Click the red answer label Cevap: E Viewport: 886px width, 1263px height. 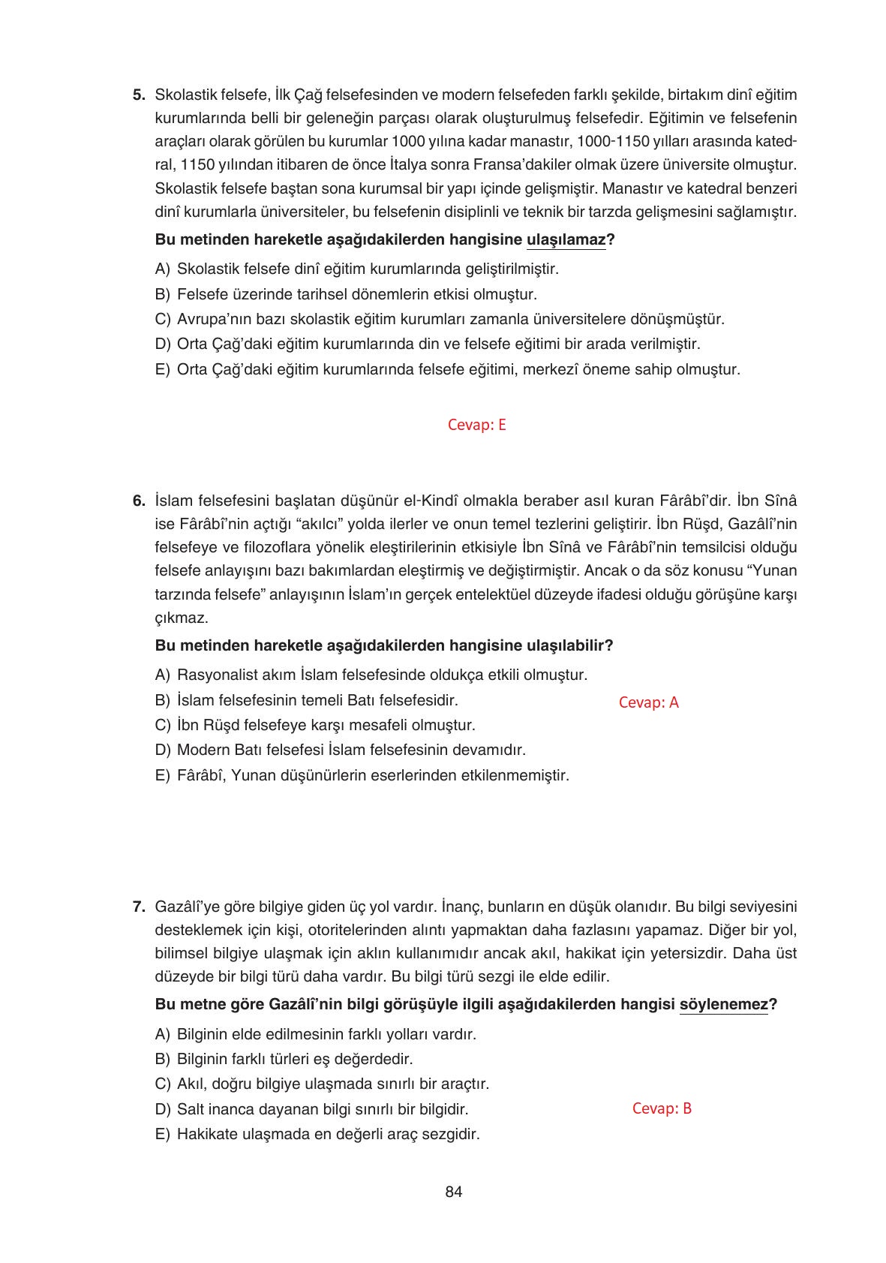pyautogui.click(x=476, y=425)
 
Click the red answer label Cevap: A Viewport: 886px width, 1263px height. pyautogui.click(x=648, y=702)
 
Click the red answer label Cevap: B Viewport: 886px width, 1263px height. pyautogui.click(x=662, y=1108)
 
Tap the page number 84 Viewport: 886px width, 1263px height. pyautogui.click(x=453, y=1192)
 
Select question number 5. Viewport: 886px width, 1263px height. pyautogui.click(x=138, y=95)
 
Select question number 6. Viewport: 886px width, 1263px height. pyautogui.click(x=138, y=501)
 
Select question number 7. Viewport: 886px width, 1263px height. pyautogui.click(x=138, y=907)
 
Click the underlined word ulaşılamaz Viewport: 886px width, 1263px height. pyautogui.click(x=566, y=240)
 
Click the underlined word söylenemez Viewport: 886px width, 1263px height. pyautogui.click(x=723, y=1005)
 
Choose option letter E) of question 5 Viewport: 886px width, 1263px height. pyautogui.click(x=163, y=370)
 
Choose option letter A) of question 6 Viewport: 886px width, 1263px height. pyautogui.click(x=163, y=675)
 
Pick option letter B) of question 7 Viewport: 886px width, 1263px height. pyautogui.click(x=163, y=1059)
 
